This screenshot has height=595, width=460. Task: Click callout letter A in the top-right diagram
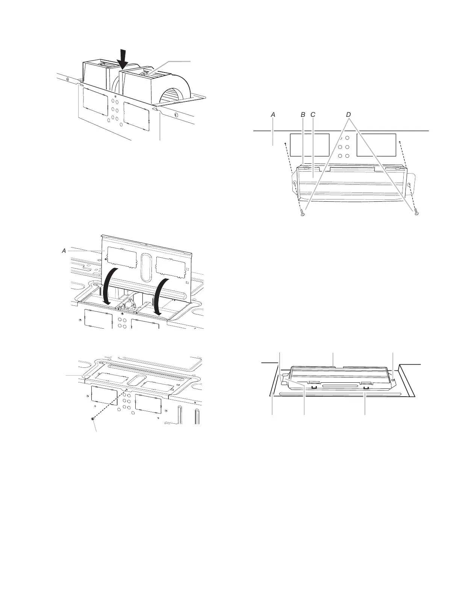[273, 115]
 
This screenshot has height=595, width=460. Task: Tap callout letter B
[303, 115]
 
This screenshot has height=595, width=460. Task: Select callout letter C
[313, 115]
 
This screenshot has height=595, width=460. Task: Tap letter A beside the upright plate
[64, 251]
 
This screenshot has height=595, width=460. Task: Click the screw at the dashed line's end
[92, 418]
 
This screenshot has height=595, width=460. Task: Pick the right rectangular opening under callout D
[376, 145]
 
